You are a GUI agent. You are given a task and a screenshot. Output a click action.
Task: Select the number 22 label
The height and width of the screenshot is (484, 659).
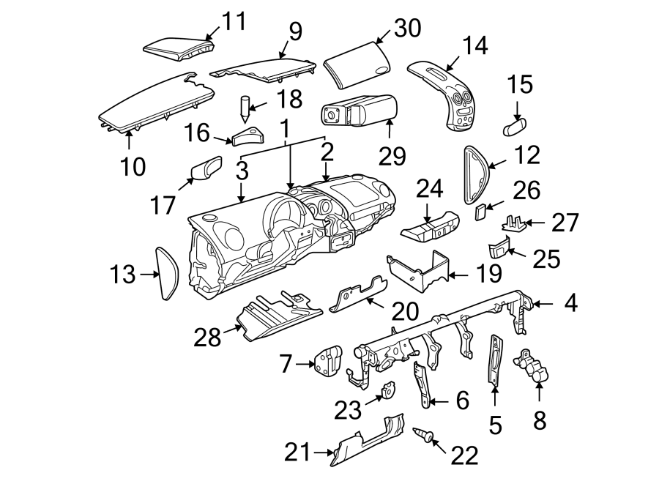click(x=463, y=455)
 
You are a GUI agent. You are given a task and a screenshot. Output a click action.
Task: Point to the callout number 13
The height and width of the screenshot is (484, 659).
click(x=123, y=275)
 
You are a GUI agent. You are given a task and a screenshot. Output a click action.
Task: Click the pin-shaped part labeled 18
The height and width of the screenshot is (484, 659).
click(x=244, y=108)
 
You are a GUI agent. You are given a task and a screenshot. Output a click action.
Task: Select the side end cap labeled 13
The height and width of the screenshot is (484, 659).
click(x=168, y=274)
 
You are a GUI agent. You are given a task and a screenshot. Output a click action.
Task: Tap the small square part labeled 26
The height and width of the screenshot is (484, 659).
click(x=481, y=212)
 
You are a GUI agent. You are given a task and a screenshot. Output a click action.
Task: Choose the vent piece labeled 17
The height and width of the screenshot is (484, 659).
click(x=205, y=169)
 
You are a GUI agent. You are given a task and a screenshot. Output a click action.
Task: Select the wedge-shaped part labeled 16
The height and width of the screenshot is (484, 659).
click(x=248, y=137)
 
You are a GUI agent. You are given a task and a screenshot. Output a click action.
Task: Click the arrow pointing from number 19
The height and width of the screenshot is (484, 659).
click(x=459, y=275)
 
